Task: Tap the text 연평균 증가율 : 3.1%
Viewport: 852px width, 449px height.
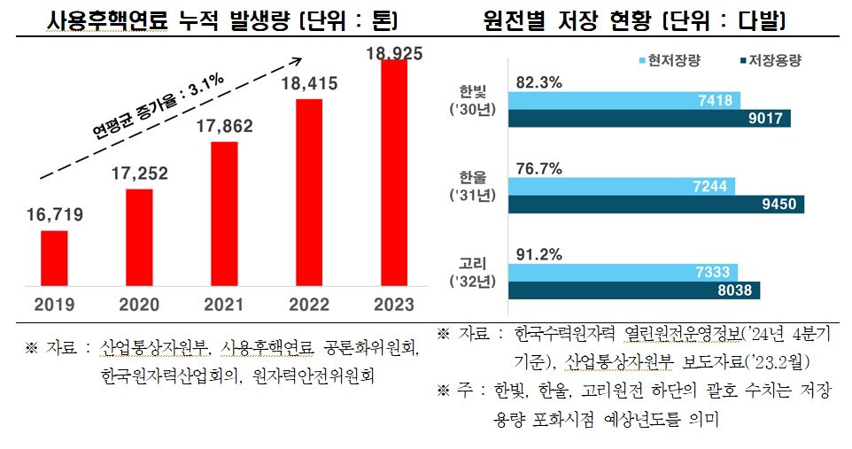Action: [159, 108]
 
